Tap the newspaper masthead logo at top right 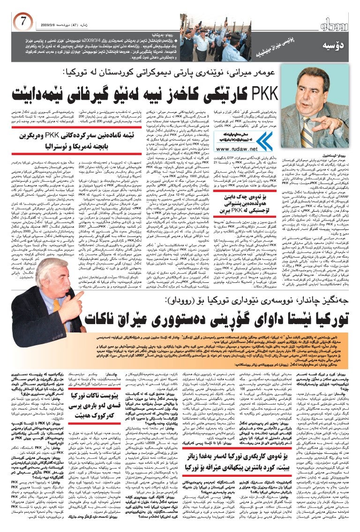332,23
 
